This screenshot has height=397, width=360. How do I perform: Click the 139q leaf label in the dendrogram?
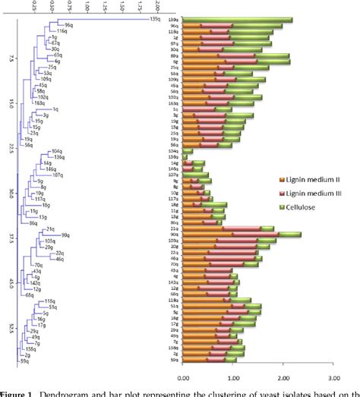pos(153,19)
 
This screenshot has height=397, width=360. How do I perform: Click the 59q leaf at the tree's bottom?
pos(26,360)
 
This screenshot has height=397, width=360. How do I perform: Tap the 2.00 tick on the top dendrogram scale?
pos(158,7)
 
